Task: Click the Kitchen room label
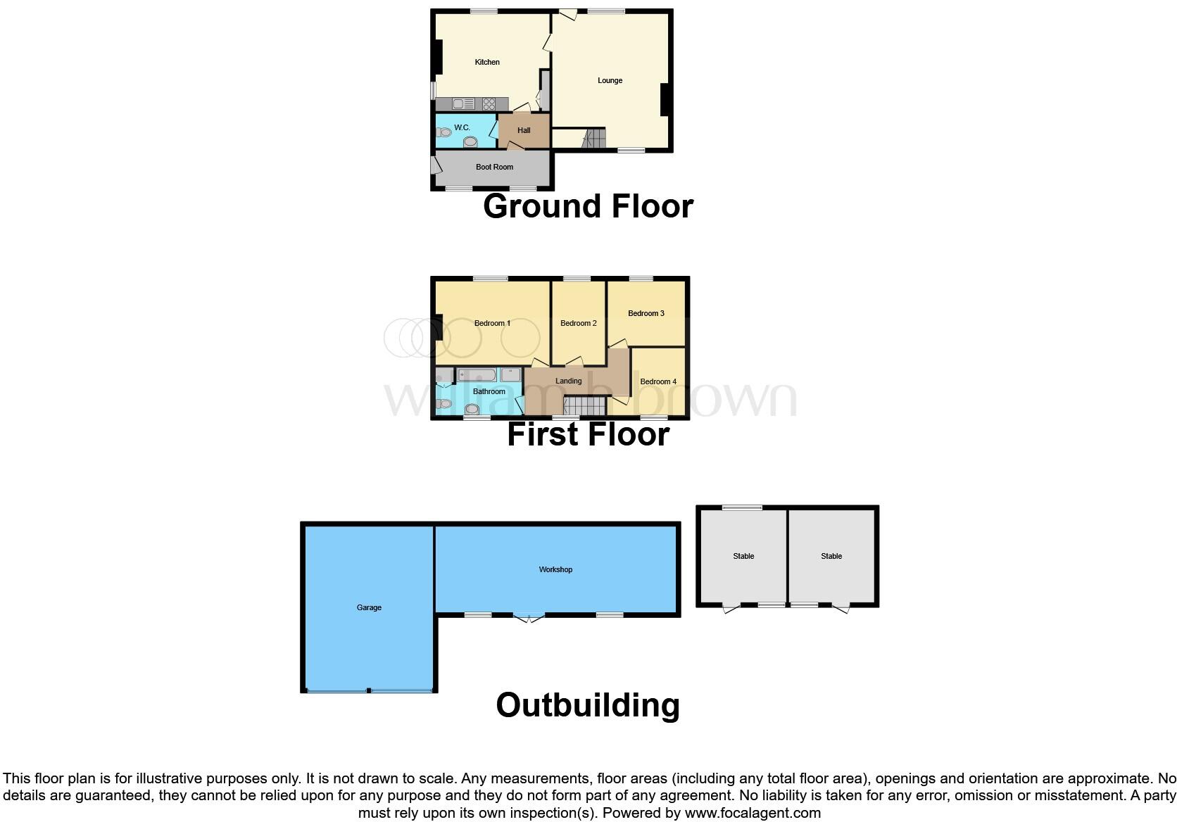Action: (x=487, y=62)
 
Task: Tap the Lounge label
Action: (x=610, y=80)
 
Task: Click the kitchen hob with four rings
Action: (x=489, y=104)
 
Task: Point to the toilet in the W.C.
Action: (x=444, y=132)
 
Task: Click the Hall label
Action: (x=524, y=130)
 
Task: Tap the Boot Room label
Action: (x=494, y=167)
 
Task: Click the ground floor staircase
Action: (x=595, y=138)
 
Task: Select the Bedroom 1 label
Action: (x=492, y=323)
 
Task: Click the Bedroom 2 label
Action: (x=578, y=323)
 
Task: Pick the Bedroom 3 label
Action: (x=646, y=313)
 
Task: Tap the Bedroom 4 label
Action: (x=658, y=381)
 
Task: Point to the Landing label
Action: (x=568, y=381)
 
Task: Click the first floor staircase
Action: (x=585, y=405)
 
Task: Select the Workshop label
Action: (x=555, y=569)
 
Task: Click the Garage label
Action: (x=369, y=607)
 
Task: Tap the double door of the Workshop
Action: (x=529, y=618)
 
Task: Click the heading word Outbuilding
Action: (x=588, y=705)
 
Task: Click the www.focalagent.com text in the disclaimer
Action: (x=752, y=813)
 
